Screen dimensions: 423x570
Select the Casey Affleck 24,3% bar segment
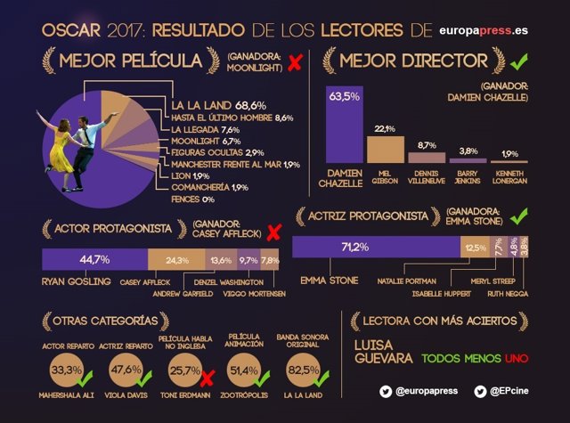click(x=176, y=260)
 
